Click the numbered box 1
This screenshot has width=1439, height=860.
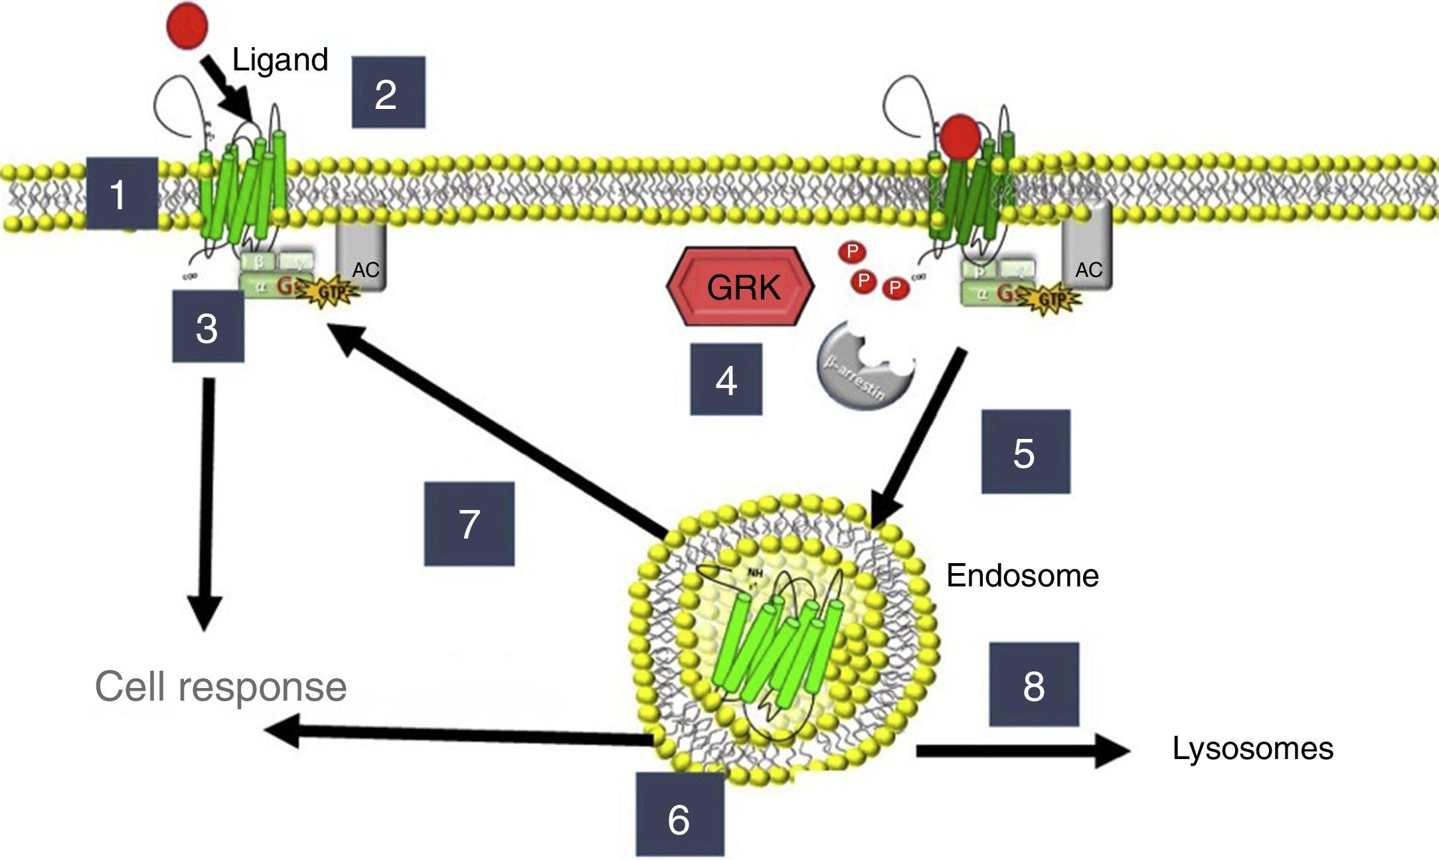point(122,194)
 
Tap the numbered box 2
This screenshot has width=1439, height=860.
point(388,92)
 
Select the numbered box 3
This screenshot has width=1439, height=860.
point(208,326)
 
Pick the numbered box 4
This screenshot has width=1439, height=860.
point(726,380)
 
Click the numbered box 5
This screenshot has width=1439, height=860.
point(1025,452)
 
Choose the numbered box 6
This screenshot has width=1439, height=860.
point(679,814)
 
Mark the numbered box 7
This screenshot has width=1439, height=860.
point(469,524)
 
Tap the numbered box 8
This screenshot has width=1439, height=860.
point(1033,684)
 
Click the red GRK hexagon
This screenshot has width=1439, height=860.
point(740,286)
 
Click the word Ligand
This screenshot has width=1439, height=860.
point(280,60)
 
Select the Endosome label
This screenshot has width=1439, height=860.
point(1022,575)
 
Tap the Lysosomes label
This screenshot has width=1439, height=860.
point(1252,748)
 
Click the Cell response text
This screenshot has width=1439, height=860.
point(220,687)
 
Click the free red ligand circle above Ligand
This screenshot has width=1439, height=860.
point(187,25)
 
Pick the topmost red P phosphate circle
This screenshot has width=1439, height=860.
point(852,252)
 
